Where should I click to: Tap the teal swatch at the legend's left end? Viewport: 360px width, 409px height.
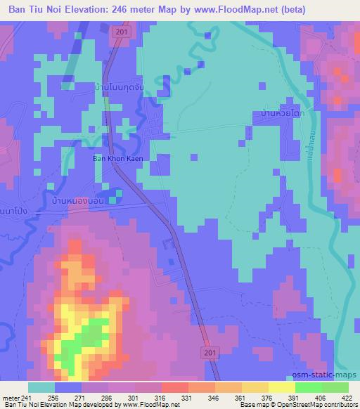(41, 387)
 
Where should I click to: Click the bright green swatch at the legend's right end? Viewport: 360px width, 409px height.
(335, 387)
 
